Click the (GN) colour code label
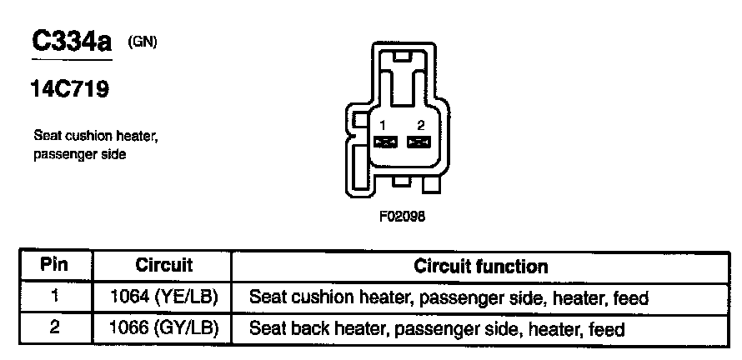tap(143, 42)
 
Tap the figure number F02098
tap(403, 215)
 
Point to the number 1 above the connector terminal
tap(382, 125)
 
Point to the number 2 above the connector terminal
tap(421, 125)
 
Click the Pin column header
tap(54, 267)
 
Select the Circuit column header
tap(163, 267)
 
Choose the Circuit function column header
tap(481, 267)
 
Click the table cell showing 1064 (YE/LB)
tap(163, 297)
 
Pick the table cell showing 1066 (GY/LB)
tap(163, 328)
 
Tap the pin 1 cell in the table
tap(54, 297)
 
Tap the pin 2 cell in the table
tap(54, 328)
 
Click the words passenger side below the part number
tap(80, 155)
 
